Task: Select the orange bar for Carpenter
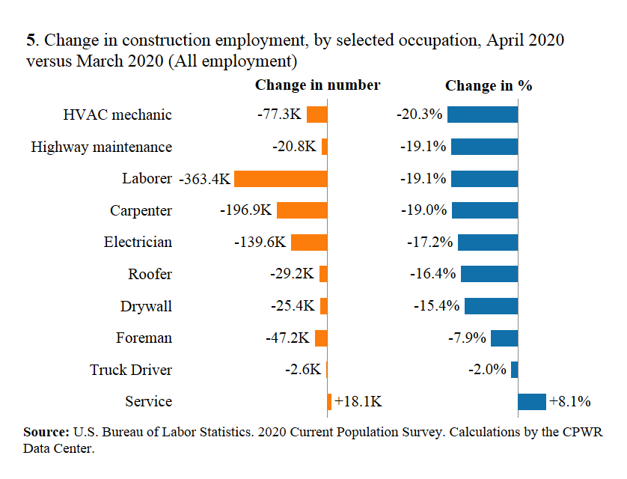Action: (302, 210)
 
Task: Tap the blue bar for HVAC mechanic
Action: (483, 115)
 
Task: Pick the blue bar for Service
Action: (532, 402)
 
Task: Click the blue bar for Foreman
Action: (504, 338)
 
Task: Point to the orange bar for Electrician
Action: (310, 242)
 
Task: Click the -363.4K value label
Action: (206, 179)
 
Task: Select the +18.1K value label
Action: (358, 402)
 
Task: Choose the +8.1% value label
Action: (570, 402)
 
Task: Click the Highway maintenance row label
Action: (101, 147)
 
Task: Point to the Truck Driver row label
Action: (131, 370)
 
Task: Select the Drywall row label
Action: (146, 306)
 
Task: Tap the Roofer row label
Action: (150, 274)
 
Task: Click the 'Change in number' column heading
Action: (317, 85)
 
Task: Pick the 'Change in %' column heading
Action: (489, 85)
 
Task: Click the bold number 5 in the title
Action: (31, 40)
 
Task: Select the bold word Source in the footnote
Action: (46, 433)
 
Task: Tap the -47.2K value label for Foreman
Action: (287, 338)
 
